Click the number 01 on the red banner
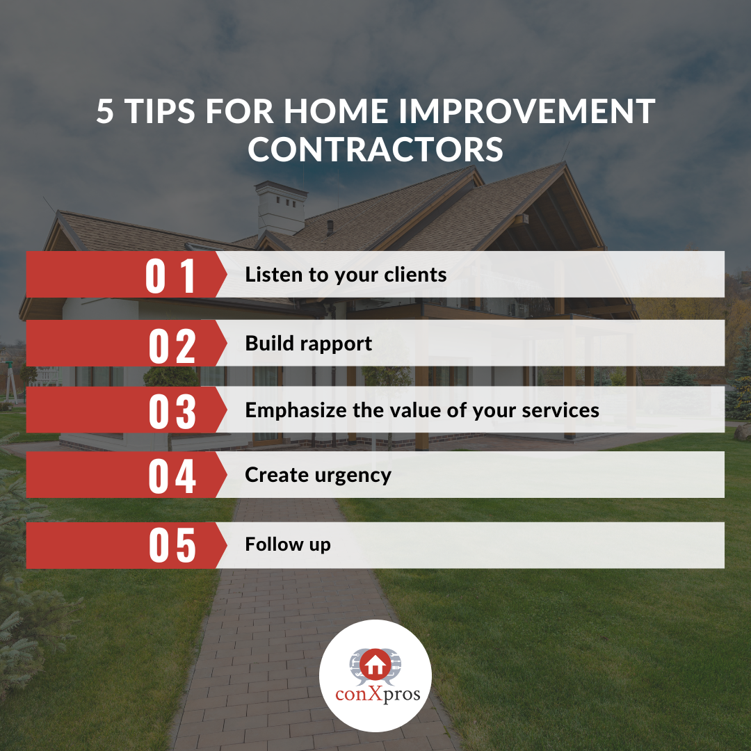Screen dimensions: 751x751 [x=170, y=275]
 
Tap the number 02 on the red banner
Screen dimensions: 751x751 [x=172, y=346]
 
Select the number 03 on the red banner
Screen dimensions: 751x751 [x=172, y=411]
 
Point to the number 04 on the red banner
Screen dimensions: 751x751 [x=172, y=476]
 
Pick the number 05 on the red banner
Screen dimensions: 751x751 [x=172, y=545]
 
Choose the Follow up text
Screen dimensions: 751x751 [x=288, y=544]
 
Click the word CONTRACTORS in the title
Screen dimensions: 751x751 [x=375, y=150]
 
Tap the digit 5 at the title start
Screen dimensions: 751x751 [x=105, y=111]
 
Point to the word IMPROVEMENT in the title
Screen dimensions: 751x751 [x=526, y=111]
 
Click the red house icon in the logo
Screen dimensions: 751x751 [x=375, y=665]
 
